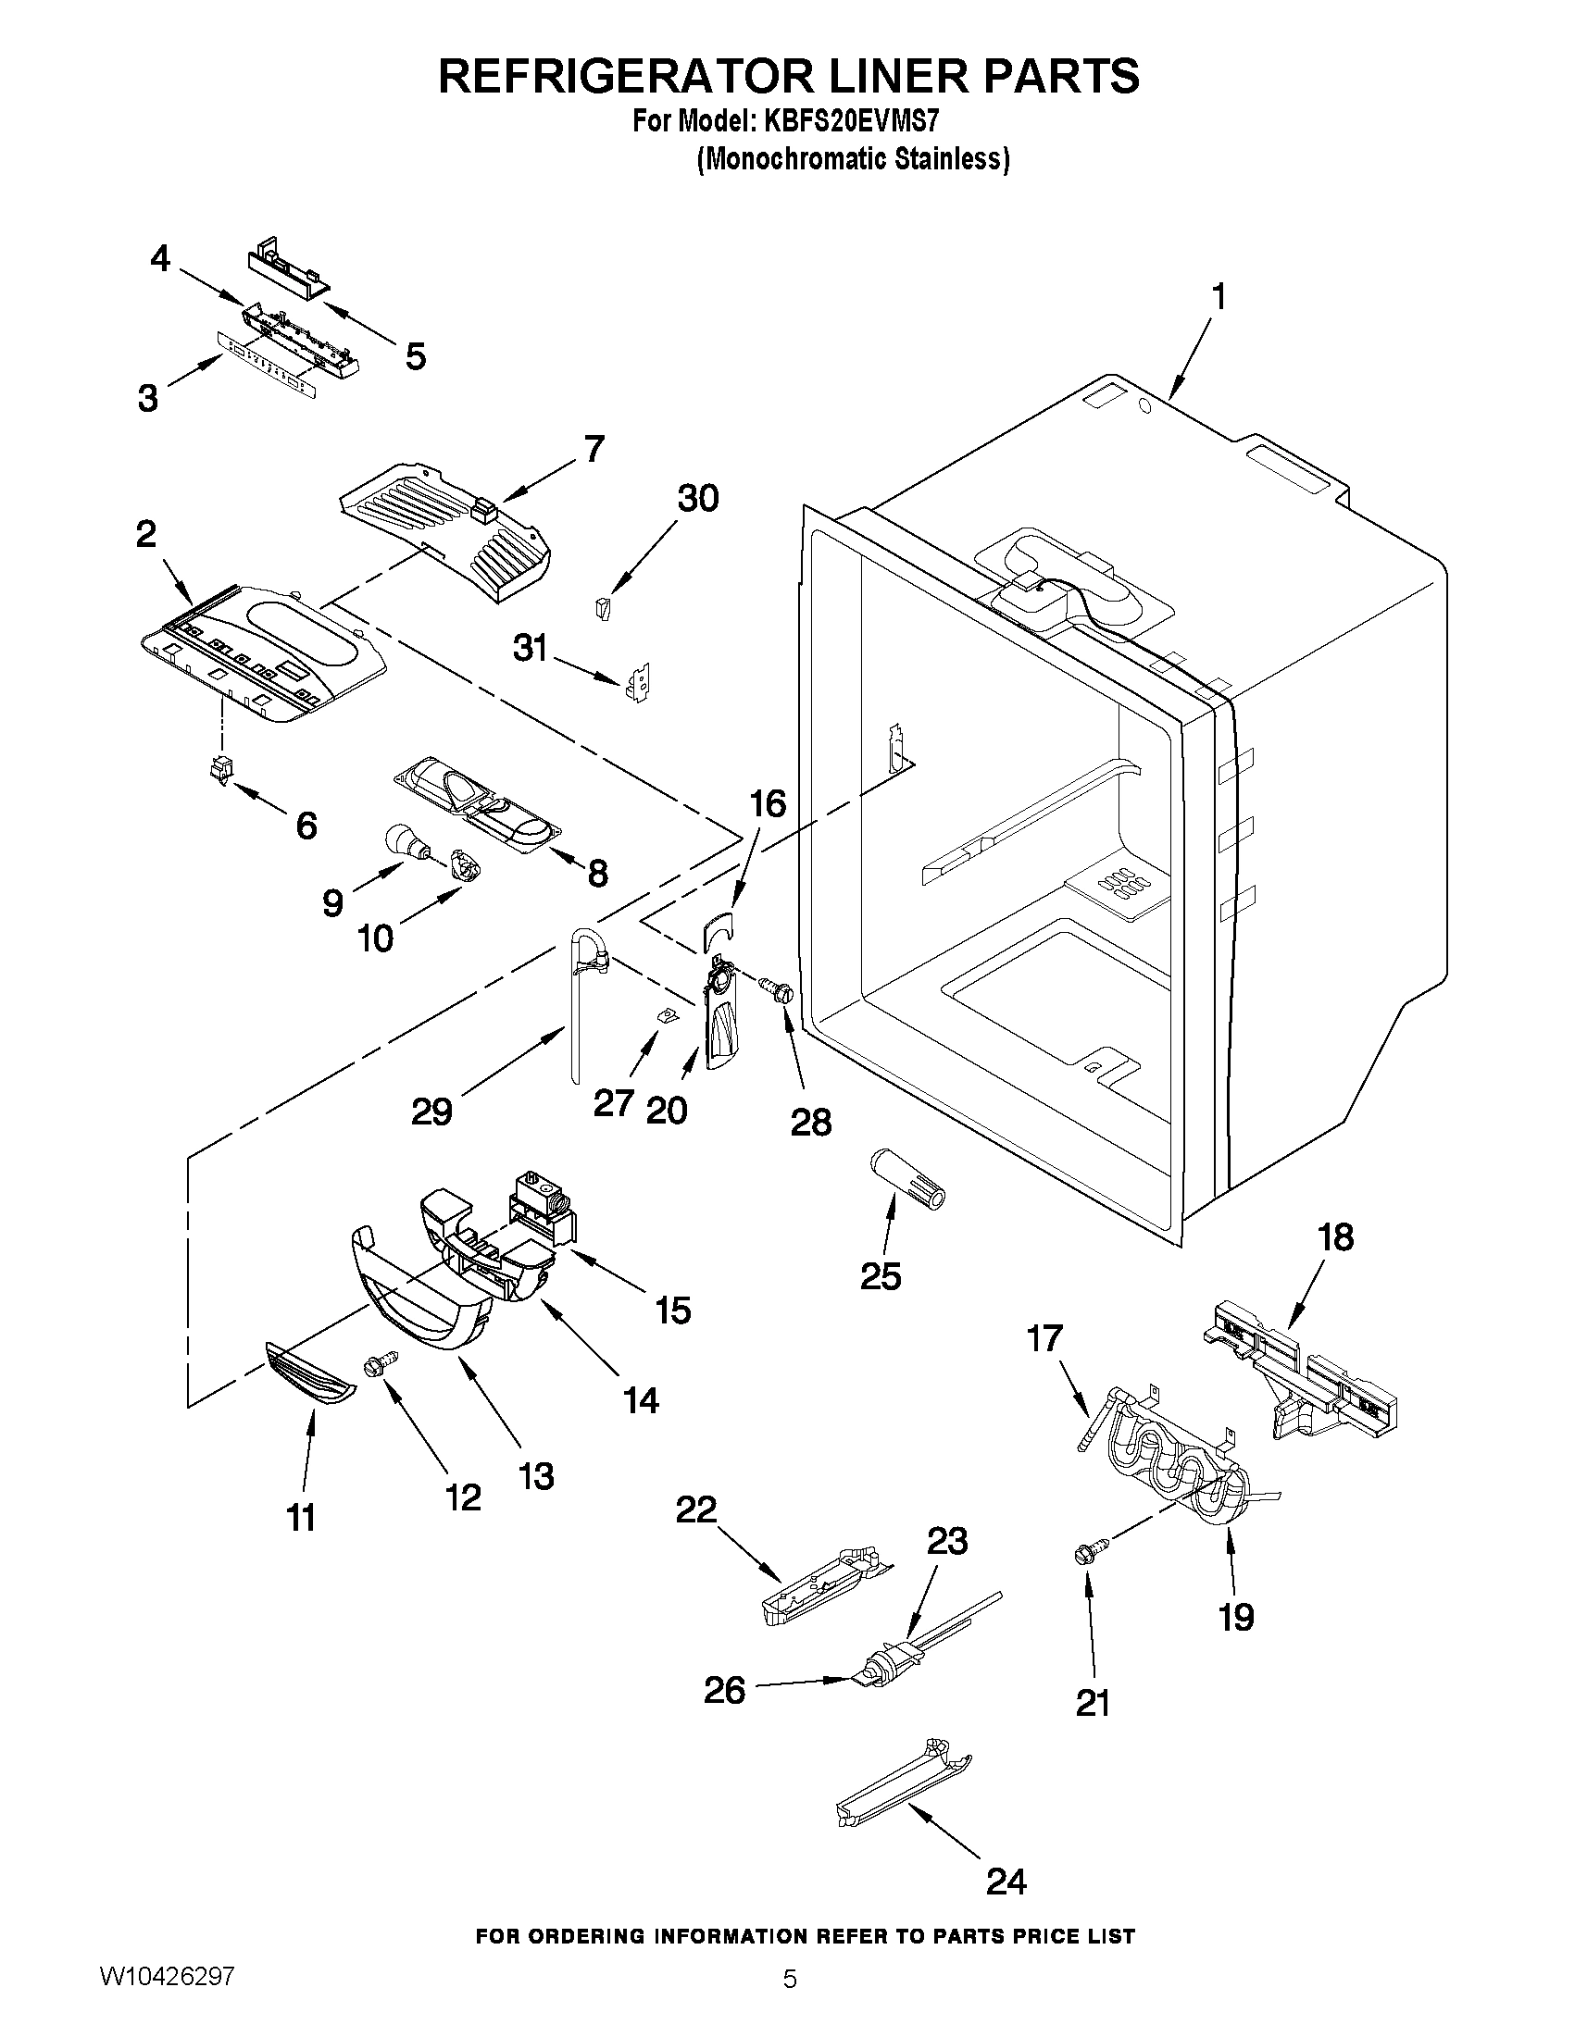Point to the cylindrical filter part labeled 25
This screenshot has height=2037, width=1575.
906,1177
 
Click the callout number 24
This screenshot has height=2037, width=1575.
1006,1882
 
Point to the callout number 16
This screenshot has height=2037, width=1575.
769,803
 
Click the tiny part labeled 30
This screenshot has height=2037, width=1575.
603,608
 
